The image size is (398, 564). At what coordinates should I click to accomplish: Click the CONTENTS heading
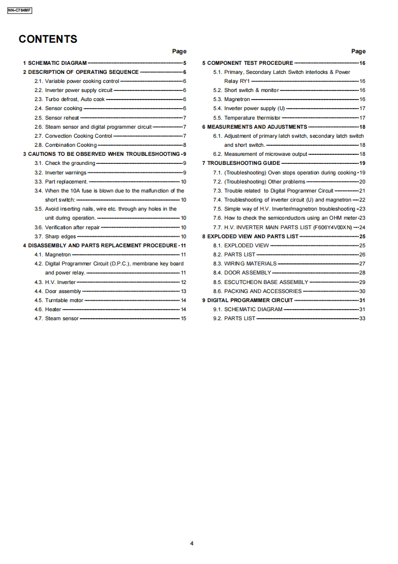(x=48, y=39)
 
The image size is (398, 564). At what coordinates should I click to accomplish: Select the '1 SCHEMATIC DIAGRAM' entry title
(x=55, y=63)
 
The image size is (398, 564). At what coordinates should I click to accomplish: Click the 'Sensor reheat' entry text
(x=62, y=118)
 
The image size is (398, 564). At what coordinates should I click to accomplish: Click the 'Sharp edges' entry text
(x=60, y=236)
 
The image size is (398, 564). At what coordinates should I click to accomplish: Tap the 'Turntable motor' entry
(x=64, y=300)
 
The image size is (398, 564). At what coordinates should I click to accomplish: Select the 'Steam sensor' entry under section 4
(x=62, y=318)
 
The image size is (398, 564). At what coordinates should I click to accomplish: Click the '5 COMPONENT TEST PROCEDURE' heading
(x=247, y=63)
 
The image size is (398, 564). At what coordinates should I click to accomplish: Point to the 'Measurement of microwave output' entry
(x=266, y=154)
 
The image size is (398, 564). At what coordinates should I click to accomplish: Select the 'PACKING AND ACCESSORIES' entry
(x=263, y=291)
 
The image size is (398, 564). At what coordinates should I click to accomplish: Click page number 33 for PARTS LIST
(x=362, y=318)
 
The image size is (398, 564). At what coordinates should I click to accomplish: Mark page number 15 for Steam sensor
(x=183, y=318)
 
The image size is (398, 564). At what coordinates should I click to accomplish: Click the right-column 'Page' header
(x=358, y=51)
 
